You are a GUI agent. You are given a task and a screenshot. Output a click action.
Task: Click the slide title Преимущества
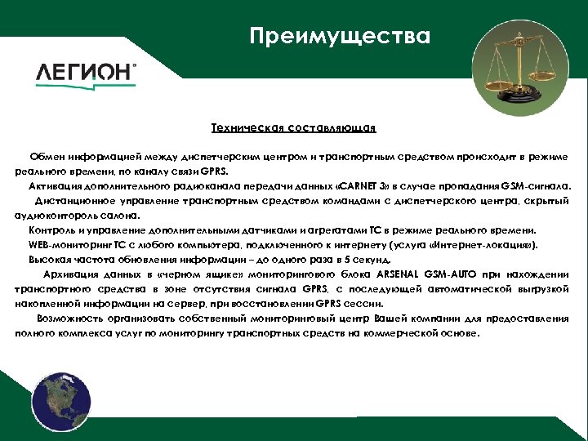339,37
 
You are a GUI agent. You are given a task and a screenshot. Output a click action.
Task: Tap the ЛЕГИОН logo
86,72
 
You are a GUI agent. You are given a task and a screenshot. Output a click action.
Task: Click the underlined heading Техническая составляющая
293,127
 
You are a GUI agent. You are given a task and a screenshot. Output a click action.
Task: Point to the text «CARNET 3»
360,185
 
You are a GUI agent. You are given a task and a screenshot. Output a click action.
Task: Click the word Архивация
71,274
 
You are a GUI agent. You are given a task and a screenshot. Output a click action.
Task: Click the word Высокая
48,259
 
